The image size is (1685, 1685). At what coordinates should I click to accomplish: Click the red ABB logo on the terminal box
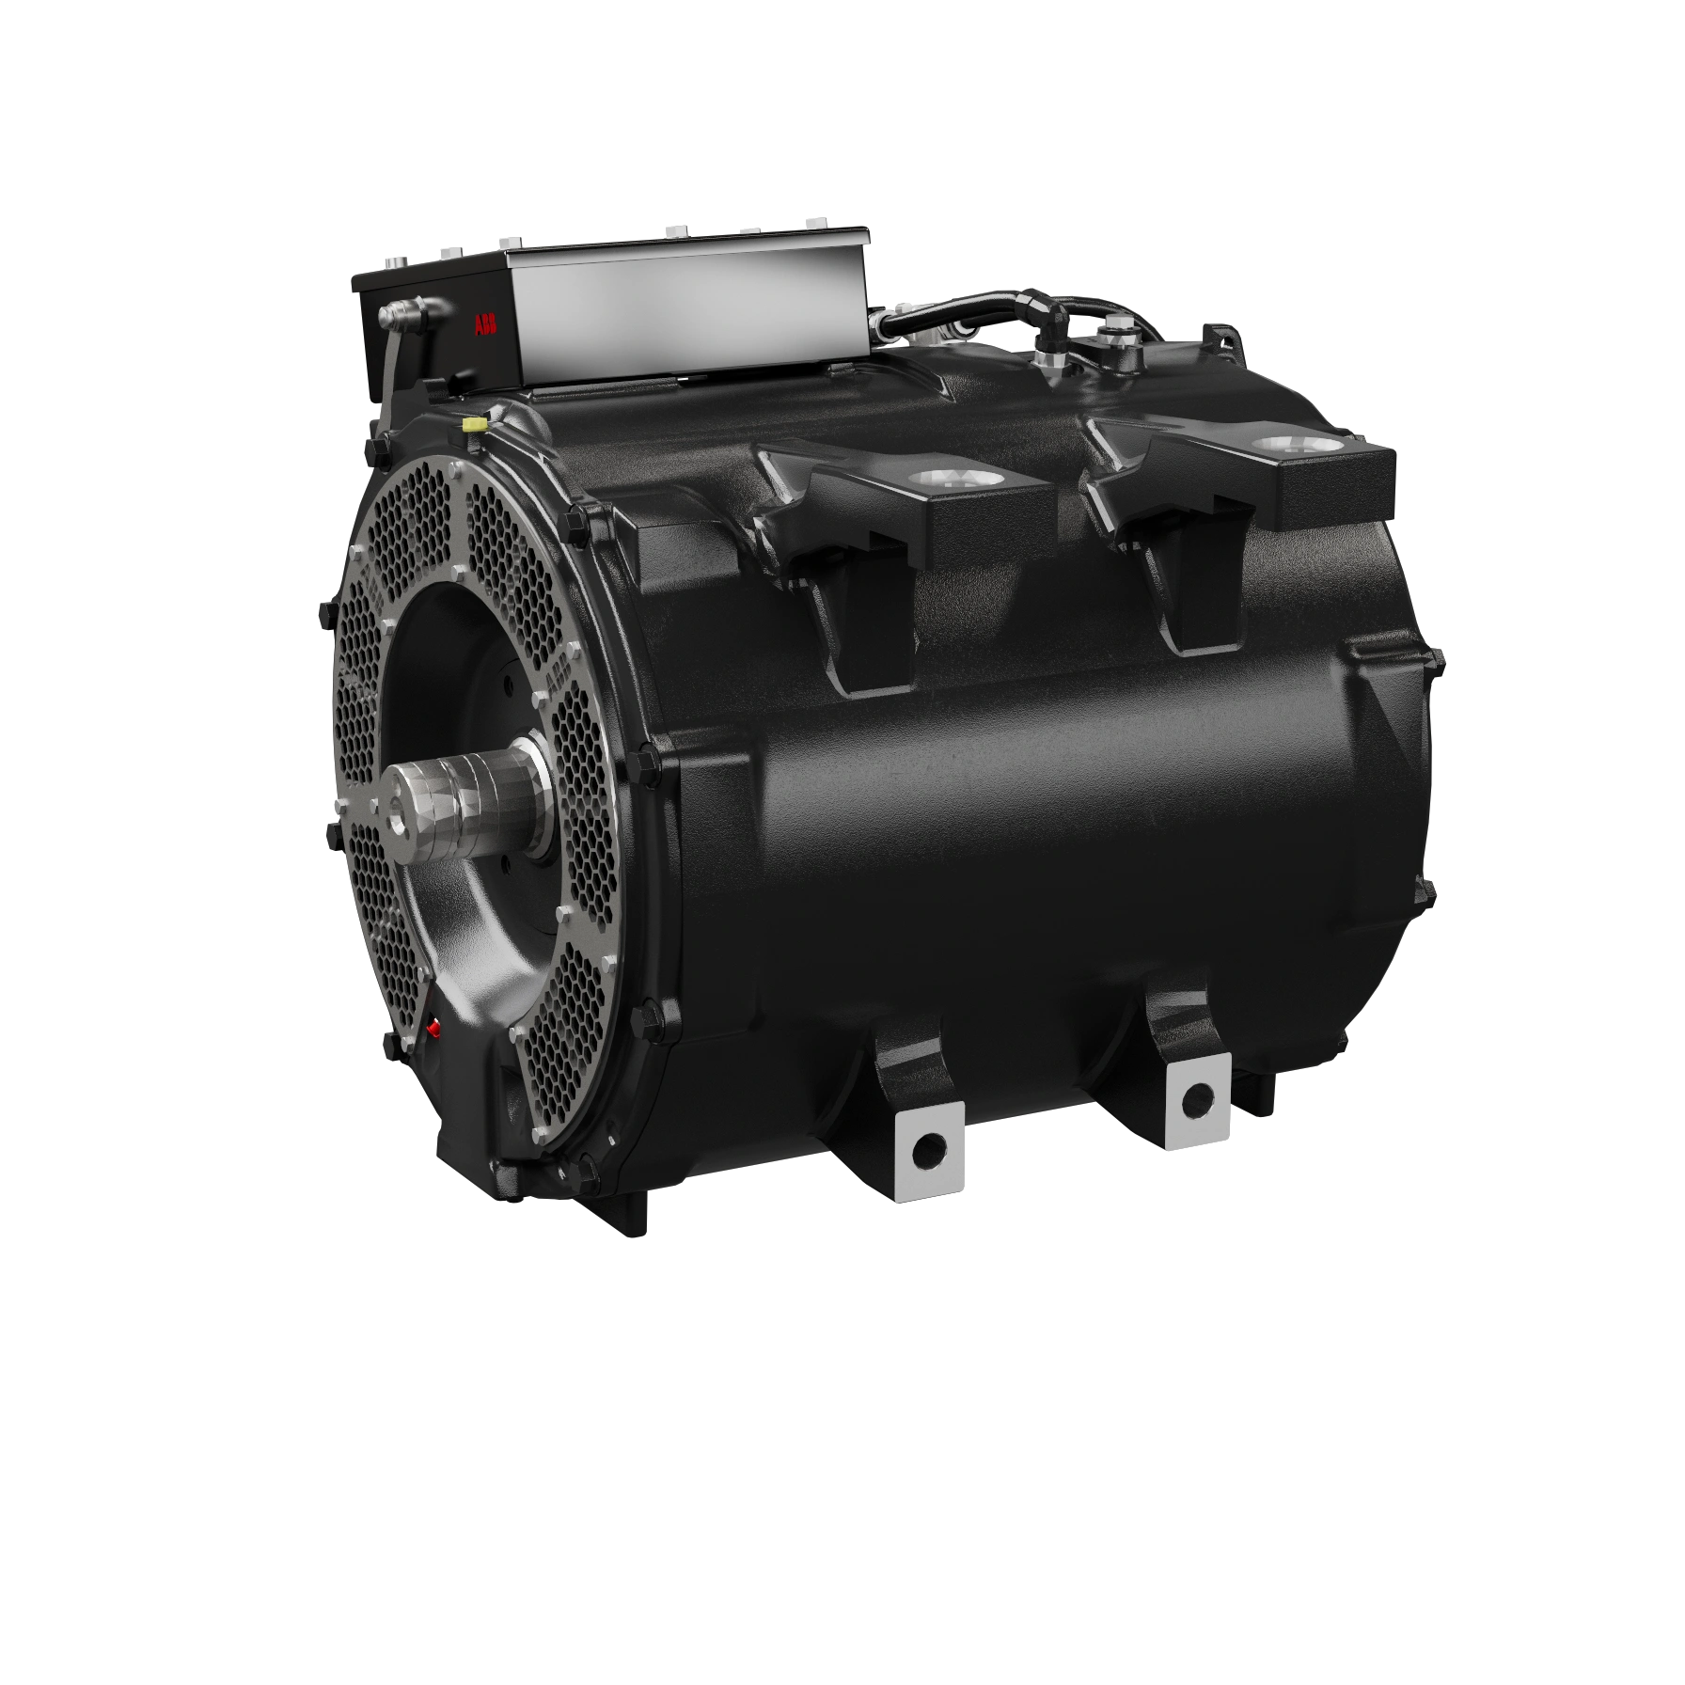coord(487,326)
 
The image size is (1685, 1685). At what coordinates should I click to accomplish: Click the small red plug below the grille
coord(433,1028)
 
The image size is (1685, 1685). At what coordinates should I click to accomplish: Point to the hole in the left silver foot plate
coord(930,1146)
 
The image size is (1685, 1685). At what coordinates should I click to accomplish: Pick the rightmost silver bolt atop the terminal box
coord(815,222)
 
